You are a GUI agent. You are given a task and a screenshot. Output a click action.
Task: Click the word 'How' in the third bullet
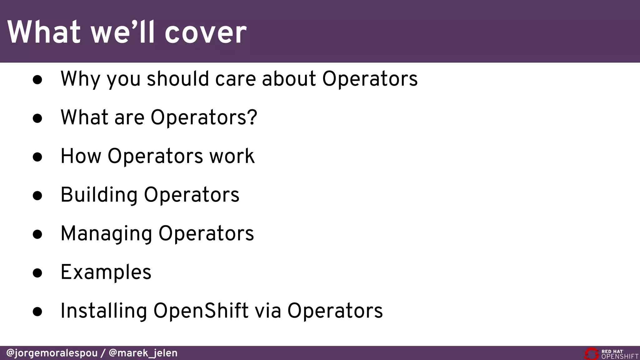coord(81,156)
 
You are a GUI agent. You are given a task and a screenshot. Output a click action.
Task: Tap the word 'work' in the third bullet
coord(232,156)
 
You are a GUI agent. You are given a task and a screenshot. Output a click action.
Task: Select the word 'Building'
coord(99,195)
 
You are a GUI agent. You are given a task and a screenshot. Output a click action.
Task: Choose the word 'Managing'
coord(106,234)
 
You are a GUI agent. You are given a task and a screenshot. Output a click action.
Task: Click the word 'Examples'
coord(106,272)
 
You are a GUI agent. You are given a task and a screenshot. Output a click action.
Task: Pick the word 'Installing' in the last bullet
coord(103,311)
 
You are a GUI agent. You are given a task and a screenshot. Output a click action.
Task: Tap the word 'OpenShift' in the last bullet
coord(201,311)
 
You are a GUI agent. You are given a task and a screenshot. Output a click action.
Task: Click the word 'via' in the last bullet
coord(268,311)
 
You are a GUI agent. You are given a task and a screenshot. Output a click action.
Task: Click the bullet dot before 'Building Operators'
coord(37,196)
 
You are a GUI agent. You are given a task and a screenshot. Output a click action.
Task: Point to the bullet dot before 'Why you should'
coord(37,80)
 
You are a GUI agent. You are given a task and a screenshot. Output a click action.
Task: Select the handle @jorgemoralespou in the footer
coord(52,353)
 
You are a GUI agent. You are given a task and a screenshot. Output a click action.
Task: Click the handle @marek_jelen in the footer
coord(143,353)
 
